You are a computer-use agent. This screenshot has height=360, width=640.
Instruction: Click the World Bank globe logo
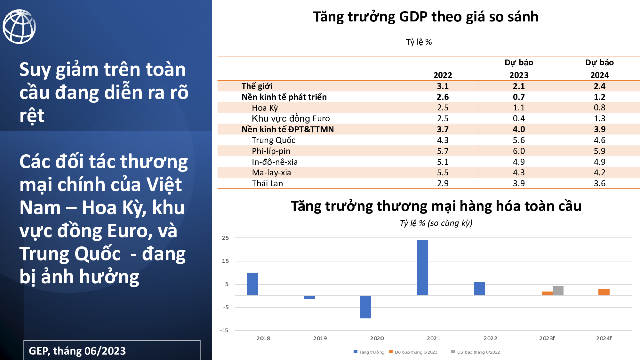coord(19,27)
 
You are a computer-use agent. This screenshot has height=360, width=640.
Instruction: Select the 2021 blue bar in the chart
coord(423,268)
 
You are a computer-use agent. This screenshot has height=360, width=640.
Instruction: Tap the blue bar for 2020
coord(366,307)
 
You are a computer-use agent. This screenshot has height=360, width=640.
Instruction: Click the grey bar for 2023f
coord(558,291)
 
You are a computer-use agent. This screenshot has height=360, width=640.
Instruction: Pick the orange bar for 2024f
coord(604,292)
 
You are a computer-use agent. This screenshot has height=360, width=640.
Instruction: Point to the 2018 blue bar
coord(252,284)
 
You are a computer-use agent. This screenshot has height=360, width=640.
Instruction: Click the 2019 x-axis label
coord(320,338)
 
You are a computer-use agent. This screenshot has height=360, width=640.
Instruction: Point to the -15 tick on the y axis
coord(224,330)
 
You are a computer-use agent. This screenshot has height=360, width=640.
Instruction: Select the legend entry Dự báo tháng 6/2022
coord(476,352)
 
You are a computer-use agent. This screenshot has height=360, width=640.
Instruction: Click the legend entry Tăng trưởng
coord(369,352)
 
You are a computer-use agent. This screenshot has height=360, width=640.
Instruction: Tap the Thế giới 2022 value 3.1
coord(443,86)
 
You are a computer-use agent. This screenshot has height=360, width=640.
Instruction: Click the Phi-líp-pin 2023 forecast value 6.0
coord(519,151)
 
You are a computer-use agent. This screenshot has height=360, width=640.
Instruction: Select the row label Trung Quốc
coord(274,140)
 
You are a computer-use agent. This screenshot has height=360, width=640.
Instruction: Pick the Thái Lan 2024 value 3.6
coord(600,183)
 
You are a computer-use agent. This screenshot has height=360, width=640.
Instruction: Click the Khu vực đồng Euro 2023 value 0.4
coord(519,118)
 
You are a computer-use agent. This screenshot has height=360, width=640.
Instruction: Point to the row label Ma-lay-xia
coord(271,173)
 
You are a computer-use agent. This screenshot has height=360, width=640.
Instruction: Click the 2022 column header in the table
coord(443,75)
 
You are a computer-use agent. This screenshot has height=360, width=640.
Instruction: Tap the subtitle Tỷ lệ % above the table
coord(419,42)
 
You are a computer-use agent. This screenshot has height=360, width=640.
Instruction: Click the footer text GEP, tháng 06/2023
coord(77,351)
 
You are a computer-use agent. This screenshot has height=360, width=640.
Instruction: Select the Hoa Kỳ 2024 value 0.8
coord(600,108)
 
